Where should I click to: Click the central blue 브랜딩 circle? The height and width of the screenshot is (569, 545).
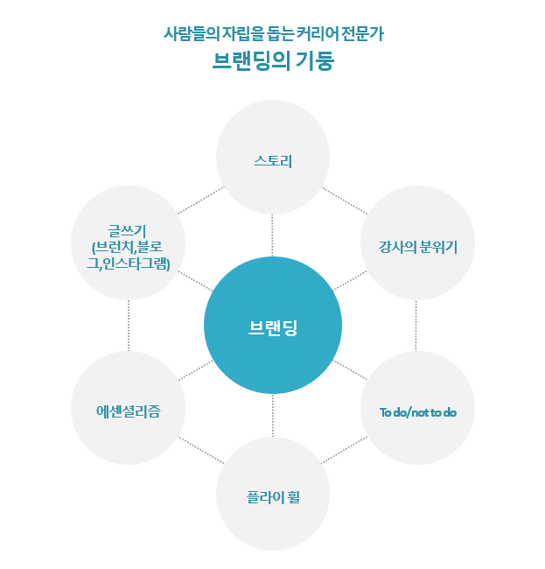tap(272, 326)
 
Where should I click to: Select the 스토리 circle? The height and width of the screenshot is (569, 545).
tap(272, 162)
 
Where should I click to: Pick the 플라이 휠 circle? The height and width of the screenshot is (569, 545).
tap(272, 495)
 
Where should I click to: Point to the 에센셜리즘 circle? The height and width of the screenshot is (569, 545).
tap(128, 410)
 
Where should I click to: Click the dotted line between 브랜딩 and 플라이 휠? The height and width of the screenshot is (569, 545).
tap(272, 416)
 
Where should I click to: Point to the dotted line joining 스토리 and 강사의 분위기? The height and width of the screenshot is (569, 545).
tap(345, 200)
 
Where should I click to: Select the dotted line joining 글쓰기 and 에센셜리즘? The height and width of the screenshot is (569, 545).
tap(129, 327)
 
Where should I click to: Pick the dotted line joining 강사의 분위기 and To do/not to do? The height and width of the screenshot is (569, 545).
tap(416, 327)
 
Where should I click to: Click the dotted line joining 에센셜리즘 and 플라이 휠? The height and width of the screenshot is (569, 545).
tap(199, 450)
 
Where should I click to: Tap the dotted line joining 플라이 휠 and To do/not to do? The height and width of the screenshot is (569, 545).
tap(345, 450)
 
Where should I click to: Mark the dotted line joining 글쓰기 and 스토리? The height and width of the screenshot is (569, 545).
tap(200, 201)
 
